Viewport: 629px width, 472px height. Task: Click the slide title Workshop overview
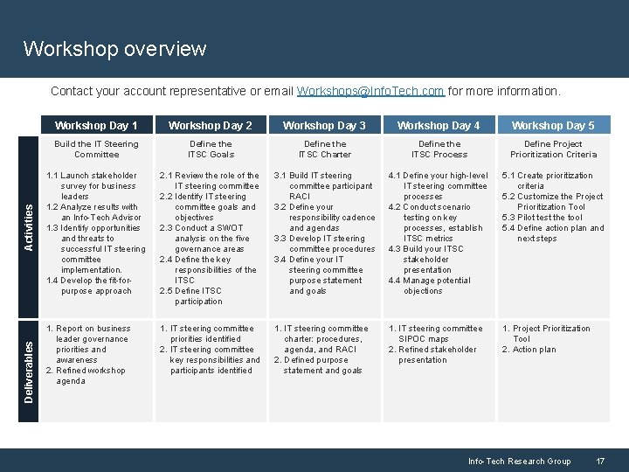(114, 49)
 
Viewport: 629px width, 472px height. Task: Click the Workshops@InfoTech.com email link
(370, 91)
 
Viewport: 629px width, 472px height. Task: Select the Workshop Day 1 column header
(97, 125)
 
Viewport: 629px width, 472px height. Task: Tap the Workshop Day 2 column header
(211, 125)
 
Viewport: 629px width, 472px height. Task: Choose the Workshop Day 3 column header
(325, 125)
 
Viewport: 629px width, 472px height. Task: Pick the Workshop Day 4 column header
(439, 125)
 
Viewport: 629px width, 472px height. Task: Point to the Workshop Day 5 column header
(553, 125)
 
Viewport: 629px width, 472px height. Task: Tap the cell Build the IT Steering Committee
(97, 149)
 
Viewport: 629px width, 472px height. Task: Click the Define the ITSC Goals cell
(211, 149)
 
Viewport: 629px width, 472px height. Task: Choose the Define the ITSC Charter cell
(325, 149)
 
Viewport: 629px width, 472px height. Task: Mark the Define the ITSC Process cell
(439, 149)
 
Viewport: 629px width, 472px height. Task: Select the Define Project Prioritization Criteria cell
(553, 149)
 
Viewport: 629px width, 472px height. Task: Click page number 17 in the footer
(600, 461)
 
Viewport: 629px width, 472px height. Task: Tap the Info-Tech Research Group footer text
(519, 461)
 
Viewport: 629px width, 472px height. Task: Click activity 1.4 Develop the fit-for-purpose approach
(90, 286)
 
